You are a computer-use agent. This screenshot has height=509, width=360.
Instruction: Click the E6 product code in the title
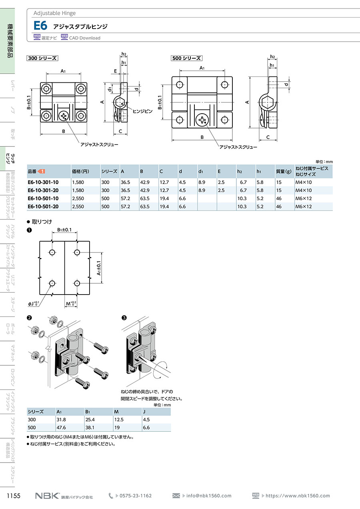(40, 26)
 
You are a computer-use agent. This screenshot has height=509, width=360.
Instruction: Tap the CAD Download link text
(84, 38)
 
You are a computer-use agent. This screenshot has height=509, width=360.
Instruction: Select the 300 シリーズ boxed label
(42, 58)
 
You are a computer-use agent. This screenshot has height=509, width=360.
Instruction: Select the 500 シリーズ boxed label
(186, 58)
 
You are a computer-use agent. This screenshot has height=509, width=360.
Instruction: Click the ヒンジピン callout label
(142, 111)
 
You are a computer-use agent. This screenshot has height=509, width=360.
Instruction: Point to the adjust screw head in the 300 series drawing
(64, 116)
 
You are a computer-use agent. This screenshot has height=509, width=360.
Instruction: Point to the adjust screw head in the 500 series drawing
(202, 120)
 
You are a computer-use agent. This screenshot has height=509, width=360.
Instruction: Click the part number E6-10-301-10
(43, 182)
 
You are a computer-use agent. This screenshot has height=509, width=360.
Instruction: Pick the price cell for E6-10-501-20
(78, 206)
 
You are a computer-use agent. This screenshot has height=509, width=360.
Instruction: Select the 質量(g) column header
(284, 171)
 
